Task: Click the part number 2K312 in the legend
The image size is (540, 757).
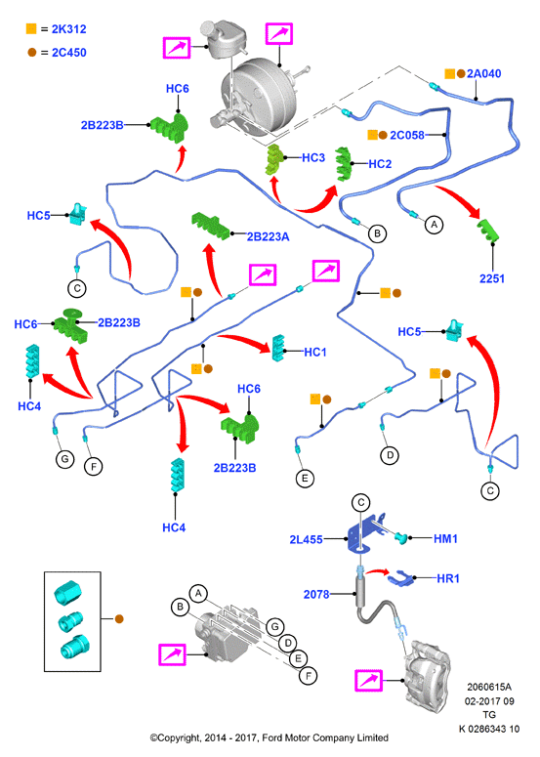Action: (x=69, y=29)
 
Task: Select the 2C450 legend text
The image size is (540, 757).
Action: (x=69, y=52)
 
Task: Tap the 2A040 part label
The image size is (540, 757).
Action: (x=484, y=73)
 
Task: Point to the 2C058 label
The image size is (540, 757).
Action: (x=407, y=135)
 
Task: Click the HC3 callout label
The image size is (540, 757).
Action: (x=313, y=158)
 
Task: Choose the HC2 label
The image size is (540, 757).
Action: (x=380, y=164)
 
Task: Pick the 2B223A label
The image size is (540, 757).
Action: (x=269, y=236)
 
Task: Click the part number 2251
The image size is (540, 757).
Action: (x=492, y=278)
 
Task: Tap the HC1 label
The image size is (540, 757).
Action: (x=315, y=353)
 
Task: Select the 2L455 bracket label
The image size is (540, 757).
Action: (x=306, y=540)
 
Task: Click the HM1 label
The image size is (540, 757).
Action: (x=445, y=539)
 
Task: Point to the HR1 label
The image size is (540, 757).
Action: (x=448, y=578)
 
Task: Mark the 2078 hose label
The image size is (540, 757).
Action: (x=316, y=594)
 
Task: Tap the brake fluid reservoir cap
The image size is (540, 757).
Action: (x=209, y=27)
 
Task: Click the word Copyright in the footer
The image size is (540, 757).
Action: (x=179, y=737)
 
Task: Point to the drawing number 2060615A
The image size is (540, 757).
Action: (x=489, y=687)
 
